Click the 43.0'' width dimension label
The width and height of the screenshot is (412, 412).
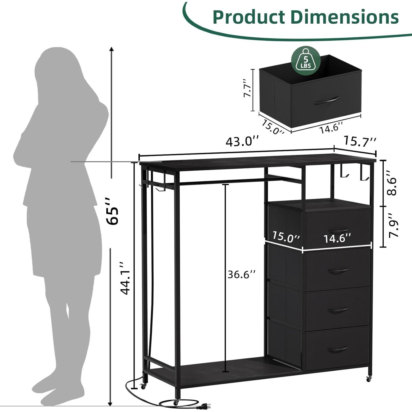(x=242, y=142)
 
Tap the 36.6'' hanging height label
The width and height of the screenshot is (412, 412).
(x=242, y=274)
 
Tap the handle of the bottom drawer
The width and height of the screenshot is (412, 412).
(x=338, y=350)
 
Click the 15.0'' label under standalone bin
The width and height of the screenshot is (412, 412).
(x=272, y=127)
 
